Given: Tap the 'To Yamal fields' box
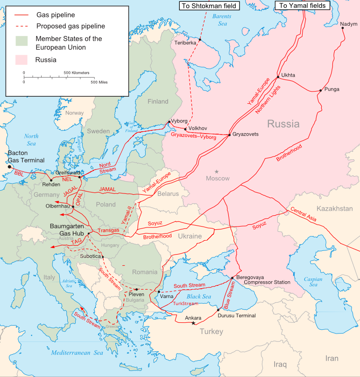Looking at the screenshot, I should pos(302,5).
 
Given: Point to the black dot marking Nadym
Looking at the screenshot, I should pos(343,28).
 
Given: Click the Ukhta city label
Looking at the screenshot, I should pos(288,75).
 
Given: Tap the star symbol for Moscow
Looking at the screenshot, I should pos(217,172).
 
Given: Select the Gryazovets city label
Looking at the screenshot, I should pos(245,134).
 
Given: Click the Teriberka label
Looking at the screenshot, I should pos(185,43).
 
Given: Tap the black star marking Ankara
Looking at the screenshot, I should pos(194,323).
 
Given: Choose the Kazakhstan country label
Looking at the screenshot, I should pos(334,208).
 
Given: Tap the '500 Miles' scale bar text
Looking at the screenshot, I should pos(99,82).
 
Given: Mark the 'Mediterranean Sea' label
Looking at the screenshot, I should pos(77,353).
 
